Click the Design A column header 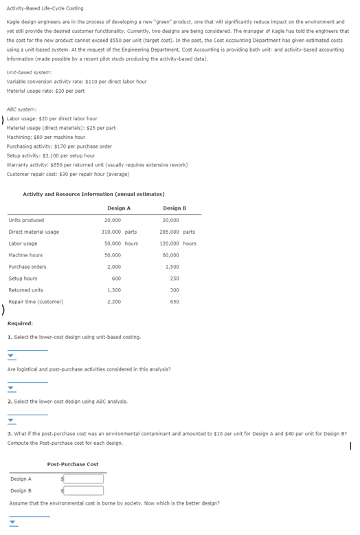[x=119, y=208]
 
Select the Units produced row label [x=26, y=220]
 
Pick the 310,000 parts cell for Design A [x=119, y=232]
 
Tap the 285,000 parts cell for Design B [x=179, y=232]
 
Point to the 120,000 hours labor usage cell [x=179, y=243]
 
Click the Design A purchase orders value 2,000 [x=114, y=266]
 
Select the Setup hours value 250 [x=175, y=278]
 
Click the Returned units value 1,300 [x=114, y=290]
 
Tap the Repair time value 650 [x=175, y=301]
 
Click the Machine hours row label [x=25, y=255]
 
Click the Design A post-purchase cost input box [x=83, y=479]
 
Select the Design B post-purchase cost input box [x=83, y=490]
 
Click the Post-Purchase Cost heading [x=73, y=464]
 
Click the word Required [x=20, y=323]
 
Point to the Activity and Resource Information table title [x=93, y=194]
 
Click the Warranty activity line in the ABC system [x=96, y=165]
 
